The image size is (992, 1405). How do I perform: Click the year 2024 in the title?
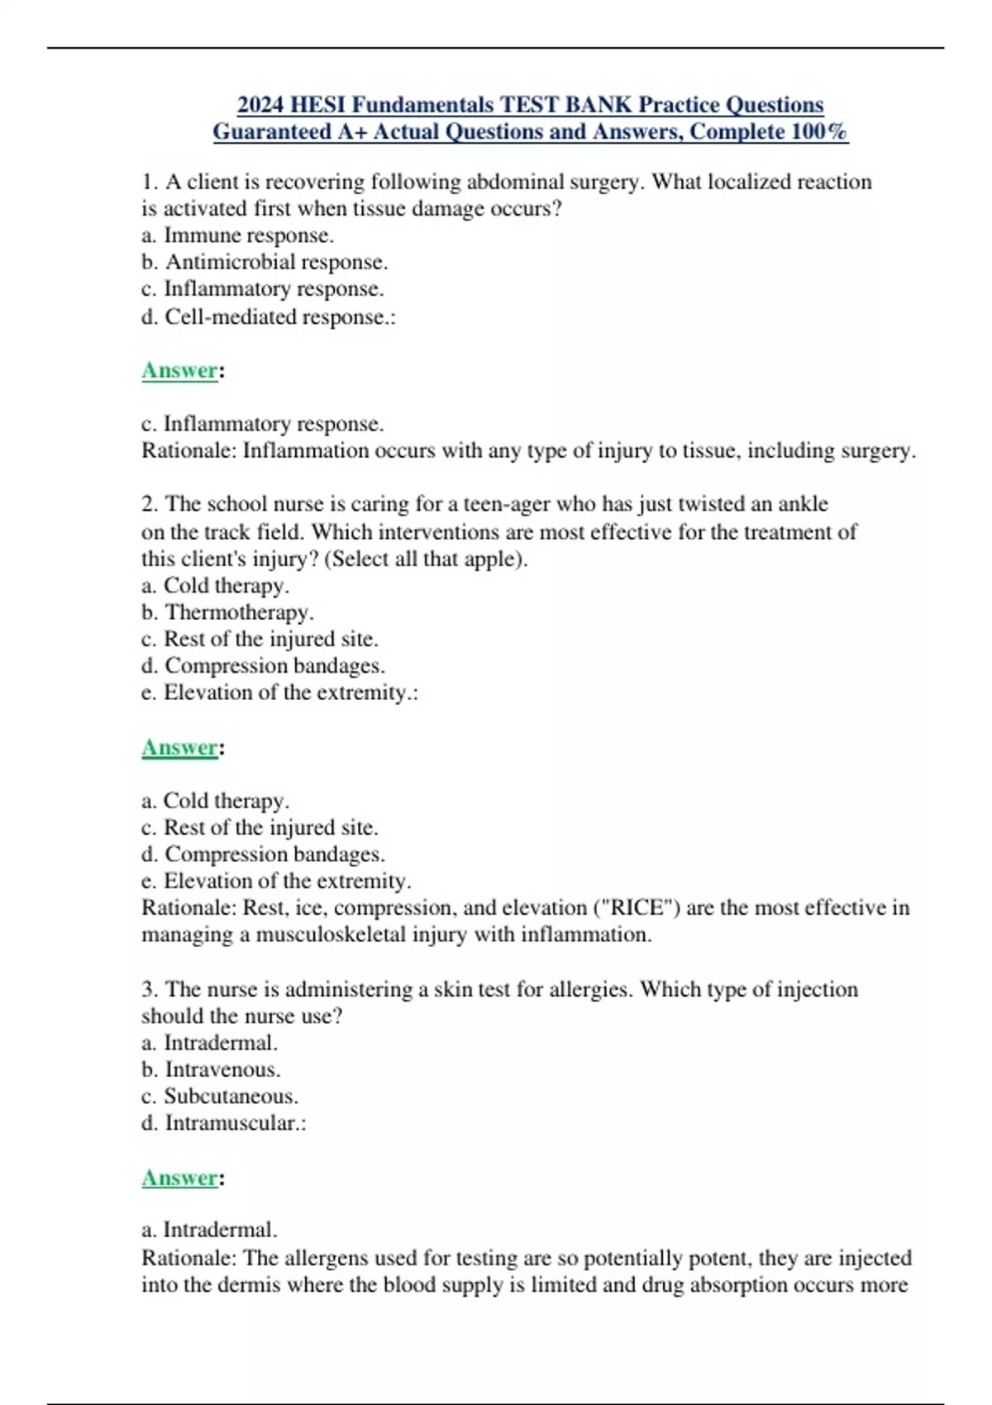[260, 105]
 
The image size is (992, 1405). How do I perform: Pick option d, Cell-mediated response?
[269, 317]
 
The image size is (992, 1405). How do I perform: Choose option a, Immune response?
[238, 236]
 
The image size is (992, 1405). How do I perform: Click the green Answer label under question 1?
[179, 370]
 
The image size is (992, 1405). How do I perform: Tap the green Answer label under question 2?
[179, 747]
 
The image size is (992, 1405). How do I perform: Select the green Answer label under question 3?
[179, 1178]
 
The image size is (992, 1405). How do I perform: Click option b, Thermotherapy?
[228, 612]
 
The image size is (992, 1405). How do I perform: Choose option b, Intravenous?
[212, 1069]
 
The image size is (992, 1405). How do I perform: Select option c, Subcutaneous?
[220, 1096]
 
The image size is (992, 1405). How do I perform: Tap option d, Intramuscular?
[224, 1123]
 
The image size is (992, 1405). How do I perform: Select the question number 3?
[149, 989]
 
